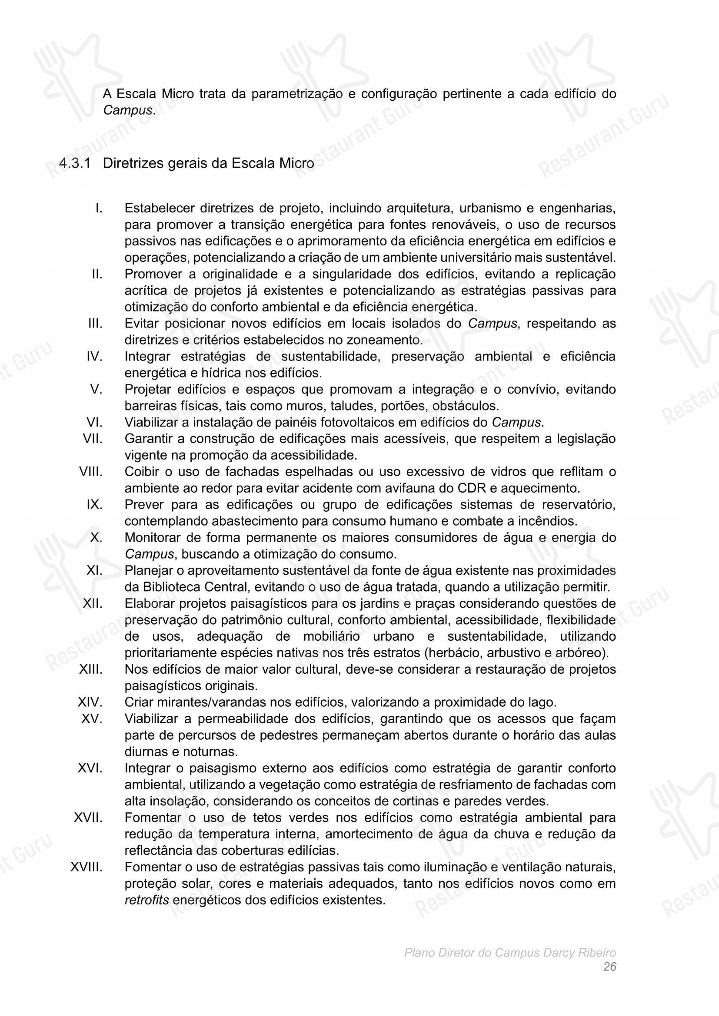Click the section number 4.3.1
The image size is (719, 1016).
(x=75, y=163)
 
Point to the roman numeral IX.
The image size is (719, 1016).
(x=94, y=504)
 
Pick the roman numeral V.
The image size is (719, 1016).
(x=96, y=389)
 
